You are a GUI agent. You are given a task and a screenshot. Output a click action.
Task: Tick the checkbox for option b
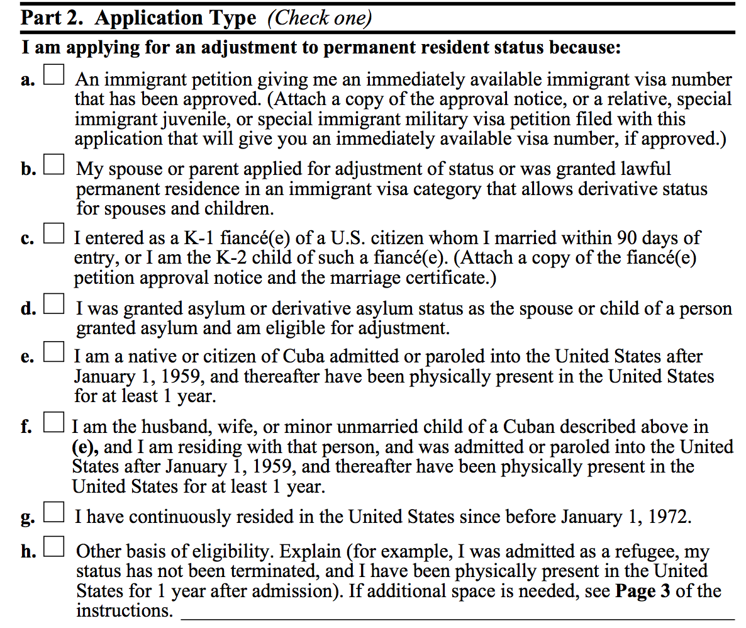pyautogui.click(x=53, y=166)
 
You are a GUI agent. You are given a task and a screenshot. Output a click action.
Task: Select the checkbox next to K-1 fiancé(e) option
pyautogui.click(x=53, y=236)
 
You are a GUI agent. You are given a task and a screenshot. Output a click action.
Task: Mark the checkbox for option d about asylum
pyautogui.click(x=53, y=306)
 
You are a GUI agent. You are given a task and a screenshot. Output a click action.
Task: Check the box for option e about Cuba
pyautogui.click(x=53, y=354)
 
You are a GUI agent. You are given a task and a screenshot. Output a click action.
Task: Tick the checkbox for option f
pyautogui.click(x=53, y=423)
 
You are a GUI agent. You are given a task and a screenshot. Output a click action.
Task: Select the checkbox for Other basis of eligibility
pyautogui.click(x=53, y=549)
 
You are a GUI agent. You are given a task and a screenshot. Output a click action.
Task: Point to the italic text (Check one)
pyautogui.click(x=320, y=18)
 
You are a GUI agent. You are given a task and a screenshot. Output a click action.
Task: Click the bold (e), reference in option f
pyautogui.click(x=86, y=447)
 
